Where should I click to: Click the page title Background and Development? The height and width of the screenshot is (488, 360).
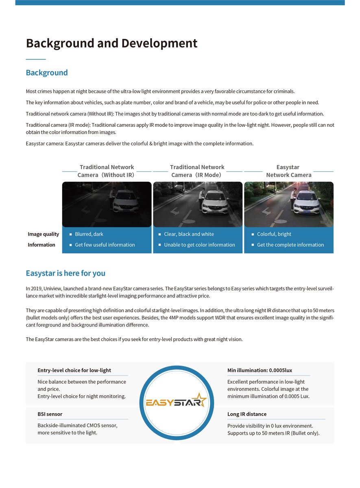(x=111, y=43)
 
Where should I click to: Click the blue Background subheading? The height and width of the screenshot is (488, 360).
(x=47, y=73)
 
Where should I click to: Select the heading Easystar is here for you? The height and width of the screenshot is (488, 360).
(x=65, y=273)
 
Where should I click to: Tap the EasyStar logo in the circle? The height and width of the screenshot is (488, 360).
(x=177, y=403)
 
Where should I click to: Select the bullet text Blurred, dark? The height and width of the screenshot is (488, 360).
(x=89, y=234)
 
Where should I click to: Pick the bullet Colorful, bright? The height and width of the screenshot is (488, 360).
(x=274, y=234)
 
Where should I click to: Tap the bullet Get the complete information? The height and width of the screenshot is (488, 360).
(x=290, y=245)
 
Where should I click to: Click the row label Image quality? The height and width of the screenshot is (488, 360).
(x=43, y=234)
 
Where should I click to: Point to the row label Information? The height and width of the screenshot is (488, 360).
(x=41, y=245)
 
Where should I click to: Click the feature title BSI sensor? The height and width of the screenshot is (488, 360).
(x=50, y=414)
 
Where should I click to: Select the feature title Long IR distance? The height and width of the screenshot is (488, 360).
(x=247, y=414)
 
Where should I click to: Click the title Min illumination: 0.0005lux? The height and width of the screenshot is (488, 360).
(x=260, y=370)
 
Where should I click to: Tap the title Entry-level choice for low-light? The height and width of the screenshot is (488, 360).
(x=74, y=370)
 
